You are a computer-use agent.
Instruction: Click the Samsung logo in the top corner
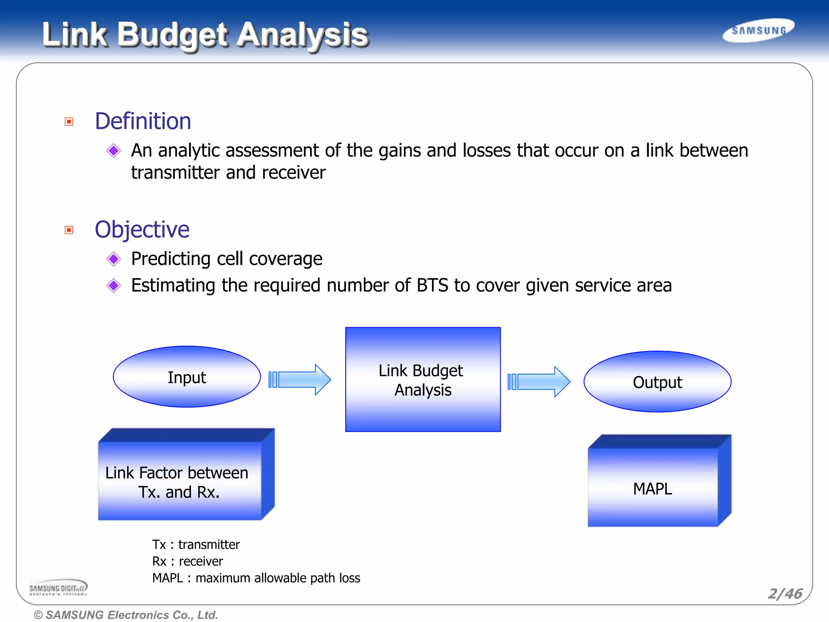coord(759,30)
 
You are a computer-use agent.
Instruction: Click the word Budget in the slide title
coord(172,35)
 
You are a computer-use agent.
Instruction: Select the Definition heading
coord(143,121)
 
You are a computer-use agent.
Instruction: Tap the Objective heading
coord(142,230)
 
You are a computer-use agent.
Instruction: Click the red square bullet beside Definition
coord(69,122)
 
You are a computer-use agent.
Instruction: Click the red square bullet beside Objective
coord(69,230)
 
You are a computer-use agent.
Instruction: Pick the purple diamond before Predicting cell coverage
coord(114,259)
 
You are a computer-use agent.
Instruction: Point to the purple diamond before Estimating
coord(114,285)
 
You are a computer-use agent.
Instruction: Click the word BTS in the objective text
coord(432,285)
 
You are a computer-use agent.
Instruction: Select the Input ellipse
coord(187,377)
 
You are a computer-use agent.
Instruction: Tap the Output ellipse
coord(657,382)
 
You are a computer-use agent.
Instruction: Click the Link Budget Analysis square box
coord(423,380)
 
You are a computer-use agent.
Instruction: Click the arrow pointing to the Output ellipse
coord(540,382)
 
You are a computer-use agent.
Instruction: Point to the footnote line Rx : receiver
coord(187,561)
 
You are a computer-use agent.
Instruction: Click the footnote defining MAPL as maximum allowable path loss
coord(256,578)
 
